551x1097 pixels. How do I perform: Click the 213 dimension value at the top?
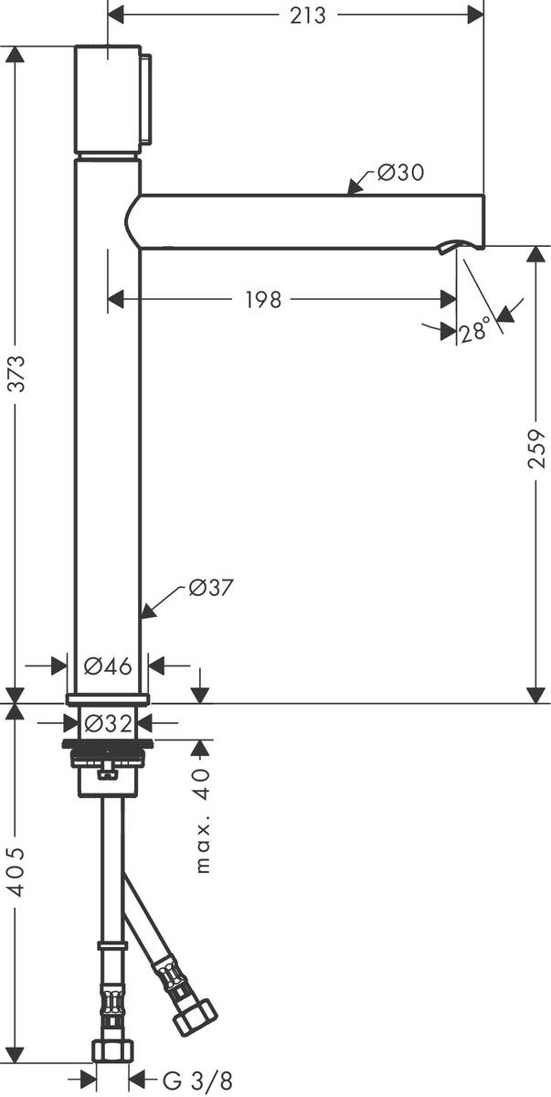click(x=308, y=16)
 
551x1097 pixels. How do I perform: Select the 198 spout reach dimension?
click(x=263, y=300)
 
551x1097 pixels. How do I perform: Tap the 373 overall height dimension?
click(x=16, y=373)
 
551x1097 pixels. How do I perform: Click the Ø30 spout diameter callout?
click(x=400, y=172)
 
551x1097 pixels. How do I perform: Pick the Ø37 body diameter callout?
click(x=211, y=589)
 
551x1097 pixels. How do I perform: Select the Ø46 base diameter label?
click(x=108, y=666)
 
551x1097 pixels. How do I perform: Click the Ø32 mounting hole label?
click(x=108, y=723)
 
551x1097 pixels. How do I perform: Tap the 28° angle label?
click(x=476, y=331)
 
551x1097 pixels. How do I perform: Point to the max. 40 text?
click(x=203, y=820)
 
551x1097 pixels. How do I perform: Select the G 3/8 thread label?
click(x=185, y=1081)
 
